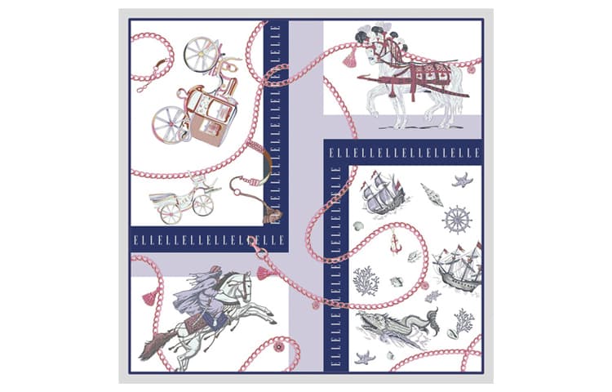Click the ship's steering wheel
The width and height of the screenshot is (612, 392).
457,220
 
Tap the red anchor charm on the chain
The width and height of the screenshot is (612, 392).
395,243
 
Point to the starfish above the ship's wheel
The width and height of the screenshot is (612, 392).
462,180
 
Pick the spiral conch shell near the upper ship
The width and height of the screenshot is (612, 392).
432,195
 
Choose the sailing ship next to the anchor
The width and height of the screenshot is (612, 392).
458,267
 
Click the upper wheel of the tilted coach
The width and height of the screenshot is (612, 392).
200,53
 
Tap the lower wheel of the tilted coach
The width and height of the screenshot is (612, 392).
169,124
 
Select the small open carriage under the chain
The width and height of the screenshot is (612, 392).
184,199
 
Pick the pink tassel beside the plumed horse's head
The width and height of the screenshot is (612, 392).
351,60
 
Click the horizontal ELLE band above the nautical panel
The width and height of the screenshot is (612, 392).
404,153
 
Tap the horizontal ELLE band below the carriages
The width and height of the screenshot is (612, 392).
209,240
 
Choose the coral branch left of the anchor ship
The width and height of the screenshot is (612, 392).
366,281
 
